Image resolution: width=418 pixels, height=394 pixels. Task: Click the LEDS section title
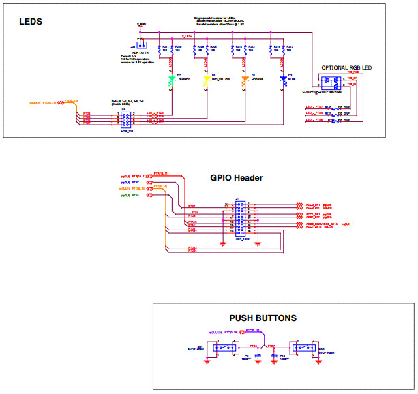(30, 22)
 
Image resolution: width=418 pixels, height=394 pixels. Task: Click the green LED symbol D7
(172, 80)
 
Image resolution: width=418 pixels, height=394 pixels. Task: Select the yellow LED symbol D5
(205, 80)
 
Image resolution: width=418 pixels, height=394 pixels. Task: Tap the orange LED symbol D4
(244, 80)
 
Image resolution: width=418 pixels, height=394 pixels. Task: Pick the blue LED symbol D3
(282, 80)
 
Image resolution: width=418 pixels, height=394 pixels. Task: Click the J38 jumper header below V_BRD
(141, 46)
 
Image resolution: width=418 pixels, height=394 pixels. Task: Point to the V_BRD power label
(141, 25)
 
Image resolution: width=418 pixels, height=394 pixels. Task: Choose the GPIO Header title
(237, 178)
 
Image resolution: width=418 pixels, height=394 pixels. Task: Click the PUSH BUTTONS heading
(263, 318)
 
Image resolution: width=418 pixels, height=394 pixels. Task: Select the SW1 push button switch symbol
(218, 348)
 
